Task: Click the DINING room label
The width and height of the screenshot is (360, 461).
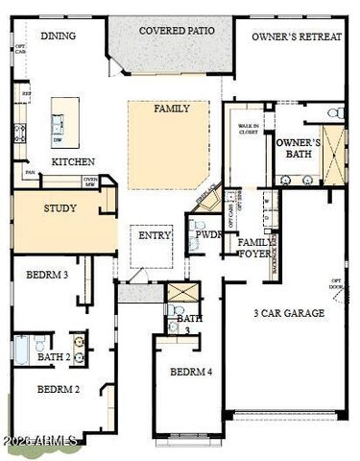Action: [x=58, y=36]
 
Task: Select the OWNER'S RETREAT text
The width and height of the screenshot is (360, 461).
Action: [x=298, y=36]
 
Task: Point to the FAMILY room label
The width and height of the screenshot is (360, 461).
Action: [x=172, y=109]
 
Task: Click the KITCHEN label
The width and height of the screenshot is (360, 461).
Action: [x=72, y=162]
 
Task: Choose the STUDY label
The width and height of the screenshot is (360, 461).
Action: [x=60, y=207]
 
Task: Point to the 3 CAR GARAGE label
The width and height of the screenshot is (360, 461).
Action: [x=288, y=313]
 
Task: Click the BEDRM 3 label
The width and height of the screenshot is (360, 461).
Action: [x=46, y=275]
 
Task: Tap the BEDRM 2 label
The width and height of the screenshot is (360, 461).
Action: [x=58, y=389]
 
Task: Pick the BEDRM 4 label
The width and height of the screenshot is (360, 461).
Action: [x=192, y=372]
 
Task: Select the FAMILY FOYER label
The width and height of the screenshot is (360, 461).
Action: [x=254, y=248]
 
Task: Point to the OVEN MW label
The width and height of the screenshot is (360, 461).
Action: [x=91, y=182]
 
